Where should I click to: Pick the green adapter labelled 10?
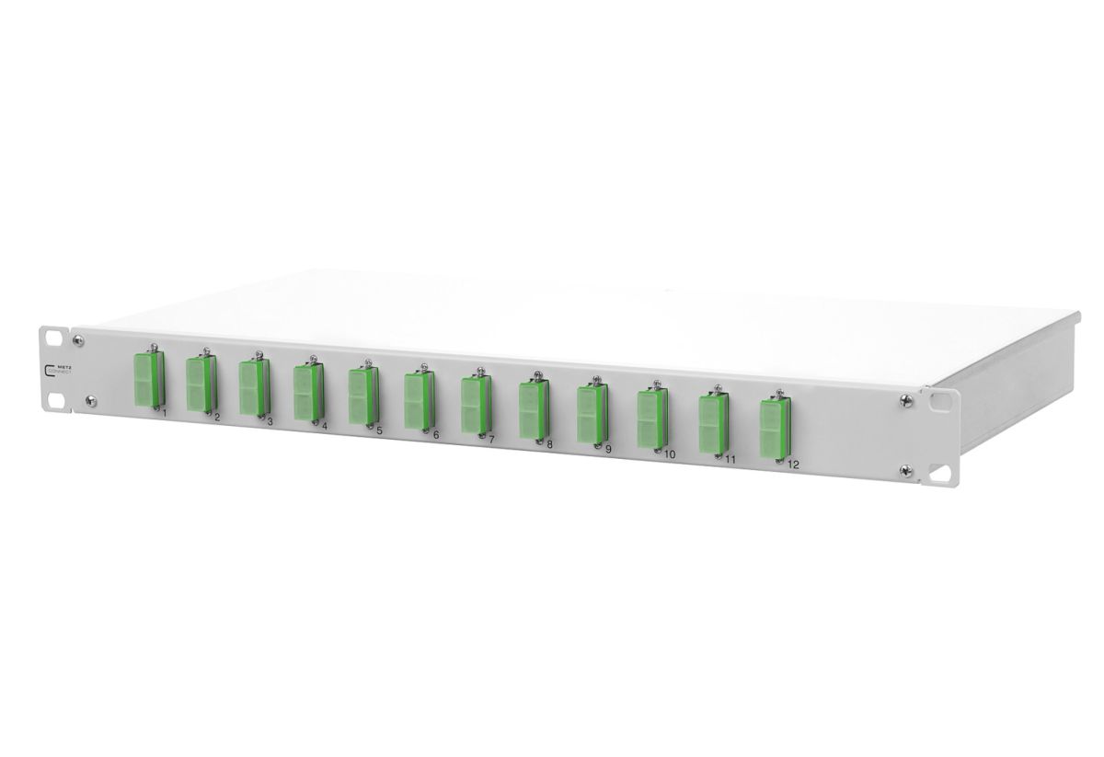coord(650,419)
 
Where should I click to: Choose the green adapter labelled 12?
coord(772,430)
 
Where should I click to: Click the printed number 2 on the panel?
coord(216,417)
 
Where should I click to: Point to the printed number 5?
coord(379,430)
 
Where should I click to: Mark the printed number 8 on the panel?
coord(549,444)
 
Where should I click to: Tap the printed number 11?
coord(729,459)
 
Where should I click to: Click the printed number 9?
coord(608,449)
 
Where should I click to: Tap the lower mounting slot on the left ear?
coord(57,401)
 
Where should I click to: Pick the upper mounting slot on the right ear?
coord(939,402)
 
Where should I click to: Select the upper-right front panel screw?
coord(907,400)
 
